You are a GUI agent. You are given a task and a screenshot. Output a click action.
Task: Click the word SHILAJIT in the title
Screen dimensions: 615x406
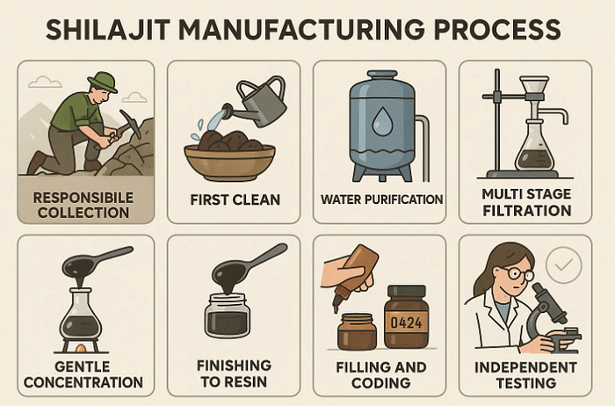[108, 30]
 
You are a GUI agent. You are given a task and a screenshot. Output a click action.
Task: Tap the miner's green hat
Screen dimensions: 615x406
[103, 82]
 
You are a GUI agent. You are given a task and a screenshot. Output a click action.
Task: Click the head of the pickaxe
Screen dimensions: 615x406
[130, 124]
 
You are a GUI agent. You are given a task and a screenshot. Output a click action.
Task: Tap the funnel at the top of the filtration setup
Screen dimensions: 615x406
[534, 88]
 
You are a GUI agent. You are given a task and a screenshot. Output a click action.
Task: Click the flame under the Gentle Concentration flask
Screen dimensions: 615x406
[81, 347]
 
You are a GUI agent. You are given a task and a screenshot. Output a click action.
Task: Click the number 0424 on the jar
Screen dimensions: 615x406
[406, 323]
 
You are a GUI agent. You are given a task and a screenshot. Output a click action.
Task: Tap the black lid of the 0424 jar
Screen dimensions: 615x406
[406, 291]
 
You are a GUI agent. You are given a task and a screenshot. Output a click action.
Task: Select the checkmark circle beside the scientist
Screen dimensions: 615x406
[564, 265]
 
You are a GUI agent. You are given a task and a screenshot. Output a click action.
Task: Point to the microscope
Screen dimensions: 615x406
[552, 318]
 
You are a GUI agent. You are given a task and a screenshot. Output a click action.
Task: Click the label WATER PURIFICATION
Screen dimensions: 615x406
[381, 199]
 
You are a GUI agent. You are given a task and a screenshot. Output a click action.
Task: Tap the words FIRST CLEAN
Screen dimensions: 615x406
[235, 199]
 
